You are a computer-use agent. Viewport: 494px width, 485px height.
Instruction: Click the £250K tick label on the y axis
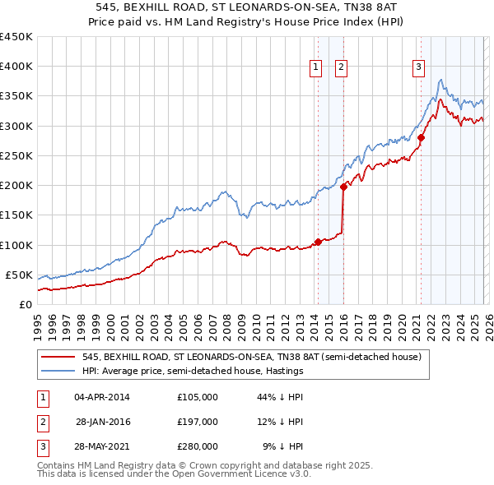point(16,155)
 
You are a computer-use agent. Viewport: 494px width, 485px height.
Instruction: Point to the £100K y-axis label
point(16,245)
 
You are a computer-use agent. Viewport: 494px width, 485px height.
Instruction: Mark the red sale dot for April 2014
point(318,242)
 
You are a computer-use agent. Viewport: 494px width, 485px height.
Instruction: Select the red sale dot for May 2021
point(422,137)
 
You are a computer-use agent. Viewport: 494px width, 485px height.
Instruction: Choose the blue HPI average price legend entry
point(193,372)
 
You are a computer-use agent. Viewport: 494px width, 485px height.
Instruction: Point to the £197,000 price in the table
point(198,422)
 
